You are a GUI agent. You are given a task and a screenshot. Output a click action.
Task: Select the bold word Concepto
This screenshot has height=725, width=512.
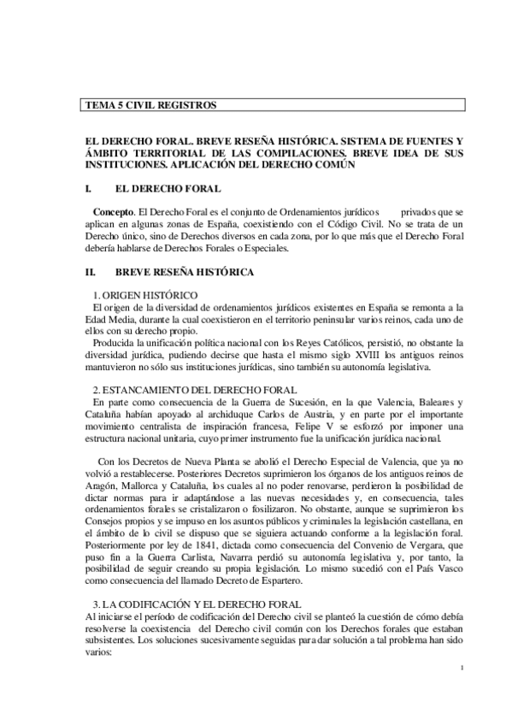click(x=113, y=210)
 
